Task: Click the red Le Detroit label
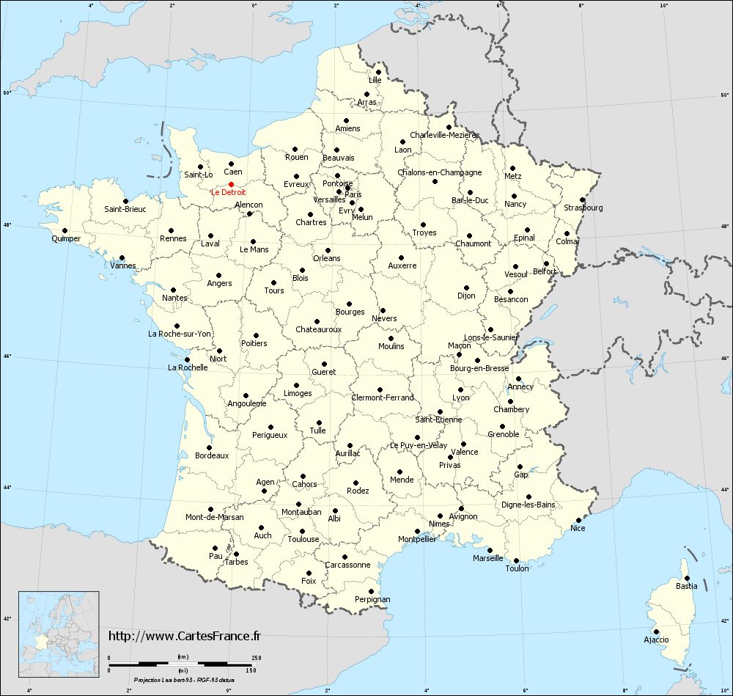pyautogui.click(x=229, y=193)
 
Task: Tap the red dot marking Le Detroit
pyautogui.click(x=231, y=185)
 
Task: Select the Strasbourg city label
pyautogui.click(x=583, y=208)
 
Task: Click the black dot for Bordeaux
pyautogui.click(x=209, y=447)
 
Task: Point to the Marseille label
pyautogui.click(x=488, y=558)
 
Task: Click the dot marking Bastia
pyautogui.click(x=687, y=578)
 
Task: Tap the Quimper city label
pyautogui.click(x=66, y=239)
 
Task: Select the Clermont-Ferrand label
pyautogui.click(x=383, y=398)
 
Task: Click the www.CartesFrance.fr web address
pyautogui.click(x=184, y=636)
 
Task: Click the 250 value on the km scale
pyautogui.click(x=256, y=657)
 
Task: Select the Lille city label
pyautogui.click(x=375, y=80)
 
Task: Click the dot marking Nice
pyautogui.click(x=578, y=520)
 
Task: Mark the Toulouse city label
pyautogui.click(x=303, y=539)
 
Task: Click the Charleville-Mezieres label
pyautogui.click(x=444, y=135)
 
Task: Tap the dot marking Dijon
pyautogui.click(x=466, y=287)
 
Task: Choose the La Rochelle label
pyautogui.click(x=188, y=367)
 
